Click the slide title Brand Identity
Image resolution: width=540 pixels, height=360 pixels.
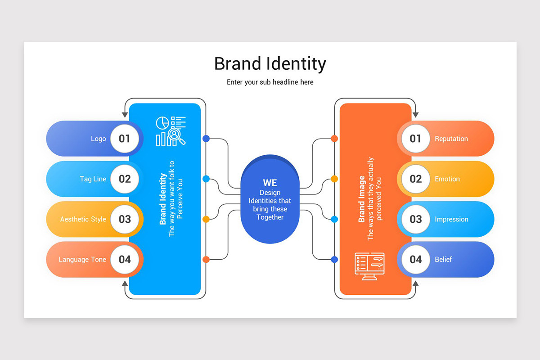click(270, 64)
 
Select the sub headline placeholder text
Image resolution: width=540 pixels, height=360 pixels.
click(270, 82)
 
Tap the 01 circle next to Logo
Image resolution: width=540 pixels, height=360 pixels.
click(125, 139)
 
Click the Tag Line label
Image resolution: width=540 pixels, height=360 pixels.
click(93, 179)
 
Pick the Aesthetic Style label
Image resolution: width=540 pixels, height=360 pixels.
click(83, 220)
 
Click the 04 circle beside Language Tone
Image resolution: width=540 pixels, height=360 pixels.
click(125, 260)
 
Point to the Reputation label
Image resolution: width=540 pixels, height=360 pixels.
click(451, 139)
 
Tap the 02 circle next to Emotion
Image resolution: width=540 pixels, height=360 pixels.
click(415, 179)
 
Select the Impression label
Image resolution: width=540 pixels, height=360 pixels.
click(451, 220)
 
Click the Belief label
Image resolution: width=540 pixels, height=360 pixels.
click(443, 260)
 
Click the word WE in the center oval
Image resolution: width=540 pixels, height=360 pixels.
click(270, 183)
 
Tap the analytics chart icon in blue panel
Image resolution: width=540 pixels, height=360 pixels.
click(171, 131)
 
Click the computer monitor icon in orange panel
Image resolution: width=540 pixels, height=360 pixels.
click(369, 266)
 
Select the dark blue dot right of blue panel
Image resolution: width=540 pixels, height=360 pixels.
click(206, 139)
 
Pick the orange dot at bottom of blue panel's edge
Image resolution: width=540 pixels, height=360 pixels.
click(206, 259)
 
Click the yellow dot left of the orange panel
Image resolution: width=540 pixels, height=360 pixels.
click(334, 179)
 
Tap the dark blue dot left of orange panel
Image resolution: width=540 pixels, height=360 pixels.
click(334, 259)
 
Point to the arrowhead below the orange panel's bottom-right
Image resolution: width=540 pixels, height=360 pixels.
click(415, 284)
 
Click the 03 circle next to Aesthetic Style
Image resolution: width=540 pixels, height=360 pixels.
click(125, 220)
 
